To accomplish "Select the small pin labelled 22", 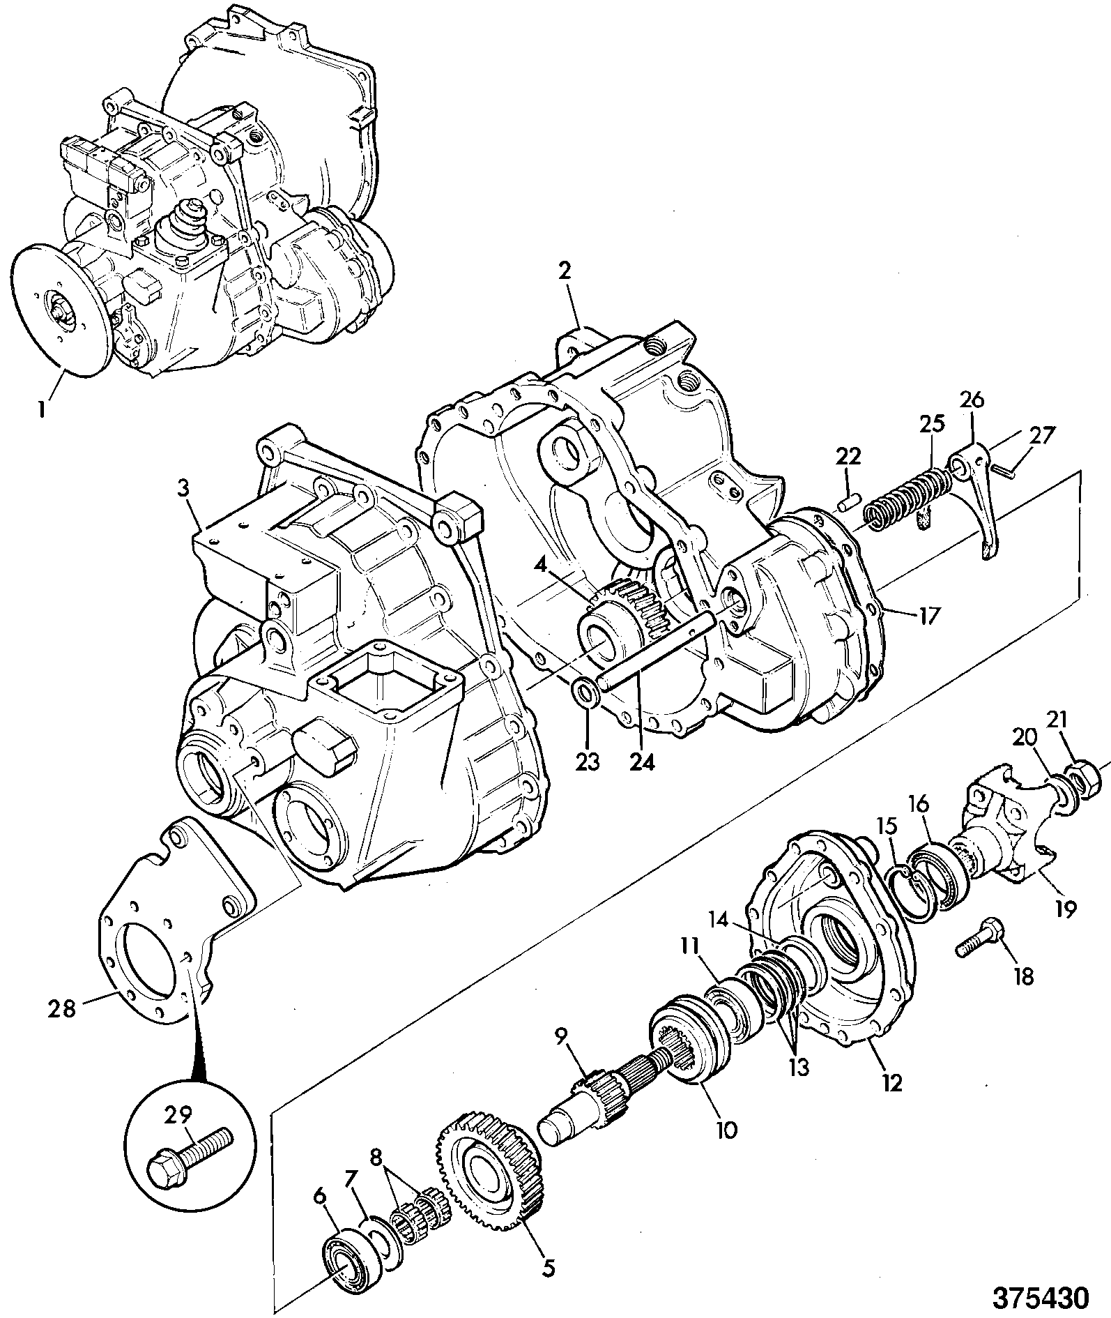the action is click(x=845, y=502).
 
